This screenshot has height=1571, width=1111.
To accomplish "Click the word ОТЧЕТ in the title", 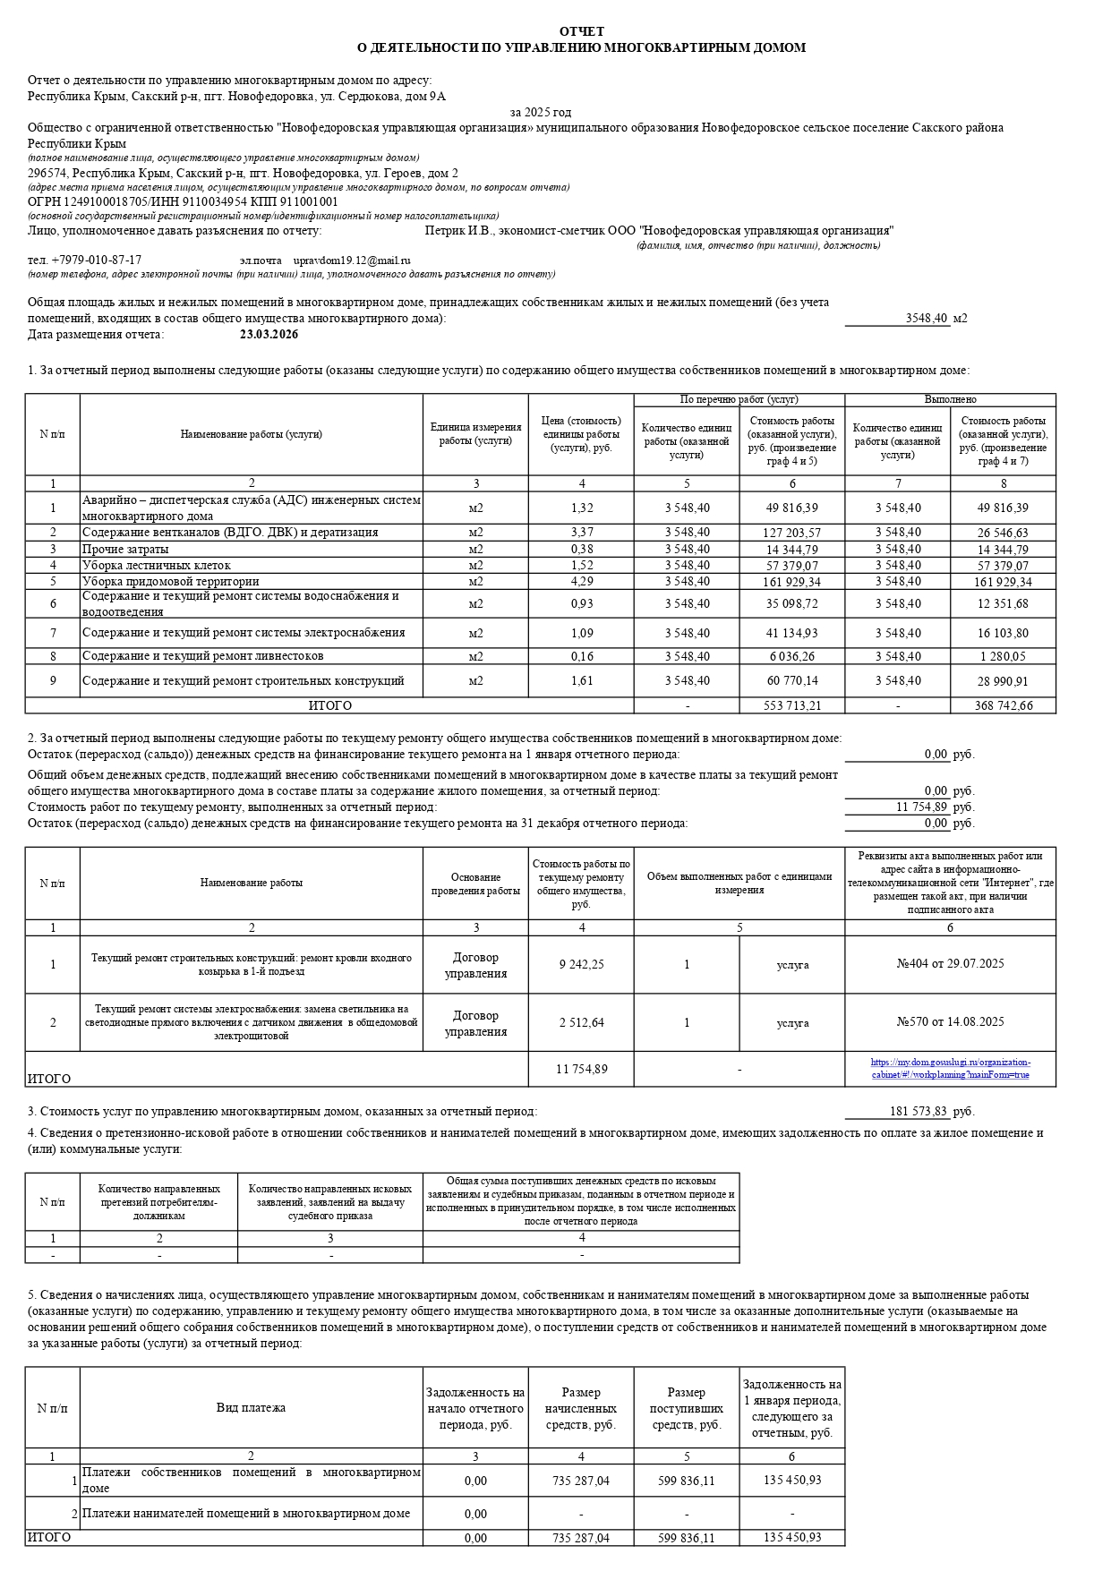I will point(581,31).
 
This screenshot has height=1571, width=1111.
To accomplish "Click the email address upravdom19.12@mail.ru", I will point(352,260).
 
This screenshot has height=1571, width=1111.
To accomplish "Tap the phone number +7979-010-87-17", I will point(96,260).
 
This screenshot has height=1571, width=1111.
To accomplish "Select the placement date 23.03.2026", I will point(269,335).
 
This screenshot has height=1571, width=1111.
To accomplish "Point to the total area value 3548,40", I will point(926,319).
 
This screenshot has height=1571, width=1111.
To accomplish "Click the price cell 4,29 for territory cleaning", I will point(581,582).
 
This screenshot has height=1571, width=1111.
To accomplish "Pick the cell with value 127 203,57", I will point(792,533).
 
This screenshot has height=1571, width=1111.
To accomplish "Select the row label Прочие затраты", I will point(125,550).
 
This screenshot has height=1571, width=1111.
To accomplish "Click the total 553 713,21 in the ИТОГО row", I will point(792,706).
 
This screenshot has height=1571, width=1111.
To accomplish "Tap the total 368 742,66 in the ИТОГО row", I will point(1003,706).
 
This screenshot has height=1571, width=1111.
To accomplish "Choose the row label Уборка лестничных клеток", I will point(157,566).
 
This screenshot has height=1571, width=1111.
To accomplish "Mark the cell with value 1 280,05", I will point(1003,656).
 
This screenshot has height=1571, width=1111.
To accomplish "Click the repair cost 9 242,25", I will point(581,965).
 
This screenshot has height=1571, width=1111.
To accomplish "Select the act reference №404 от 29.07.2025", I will point(950,964).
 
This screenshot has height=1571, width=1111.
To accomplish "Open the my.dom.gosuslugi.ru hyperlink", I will point(950,1069).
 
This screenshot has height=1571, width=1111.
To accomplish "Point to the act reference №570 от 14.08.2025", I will point(950,1022).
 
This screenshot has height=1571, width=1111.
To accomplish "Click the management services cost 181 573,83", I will point(918,1112).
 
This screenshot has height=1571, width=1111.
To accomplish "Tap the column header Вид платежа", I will point(251,1408).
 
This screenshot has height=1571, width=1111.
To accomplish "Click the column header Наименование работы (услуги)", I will point(251,435).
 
